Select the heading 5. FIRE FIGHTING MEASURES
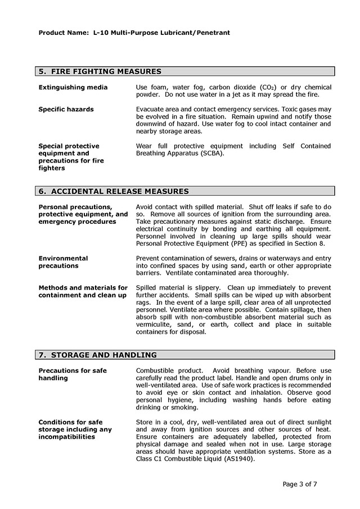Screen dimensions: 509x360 click(100, 71)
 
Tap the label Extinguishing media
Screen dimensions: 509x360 click(73, 87)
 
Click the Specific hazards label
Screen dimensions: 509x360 click(66, 109)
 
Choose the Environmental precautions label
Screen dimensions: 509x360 click(63, 262)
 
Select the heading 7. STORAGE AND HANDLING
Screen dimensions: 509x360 click(98, 355)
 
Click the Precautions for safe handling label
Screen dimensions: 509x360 click(73, 374)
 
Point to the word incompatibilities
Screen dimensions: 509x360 click(66, 436)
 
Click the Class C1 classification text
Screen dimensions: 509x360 click(152, 458)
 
